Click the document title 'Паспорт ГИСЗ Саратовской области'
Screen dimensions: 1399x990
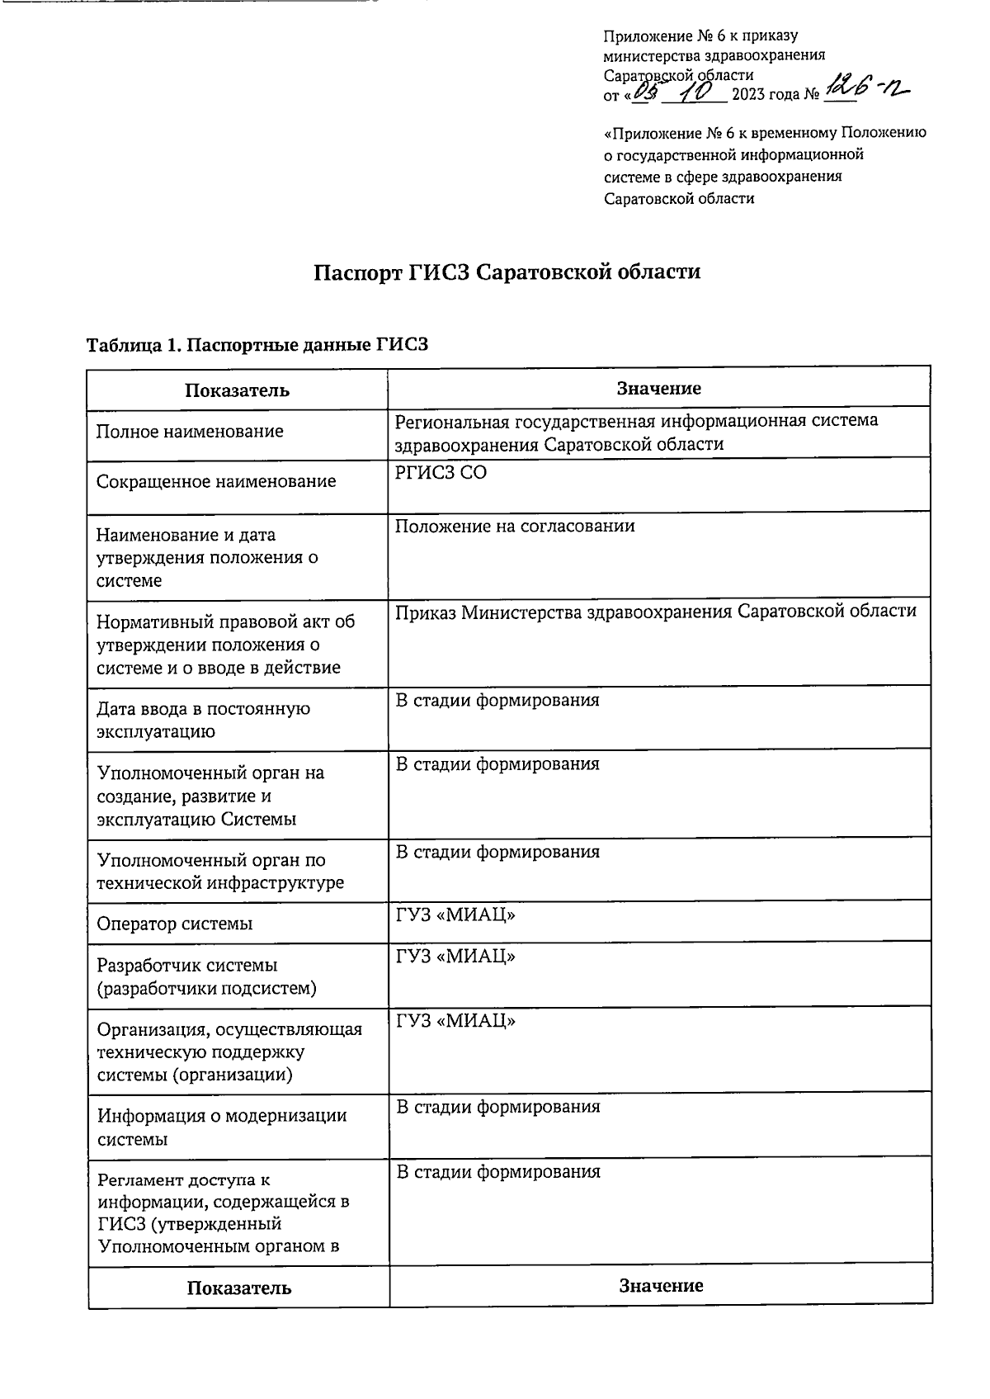click(507, 272)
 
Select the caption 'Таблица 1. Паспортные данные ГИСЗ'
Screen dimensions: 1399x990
click(257, 345)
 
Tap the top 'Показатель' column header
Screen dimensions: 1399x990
click(237, 390)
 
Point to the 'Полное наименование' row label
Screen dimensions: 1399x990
click(190, 432)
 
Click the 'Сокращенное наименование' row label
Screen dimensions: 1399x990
click(216, 481)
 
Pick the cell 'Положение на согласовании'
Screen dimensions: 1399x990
click(515, 527)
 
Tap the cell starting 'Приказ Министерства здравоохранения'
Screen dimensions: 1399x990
click(655, 612)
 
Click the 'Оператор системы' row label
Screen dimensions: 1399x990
click(175, 924)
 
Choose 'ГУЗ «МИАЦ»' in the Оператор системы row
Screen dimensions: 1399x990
click(455, 915)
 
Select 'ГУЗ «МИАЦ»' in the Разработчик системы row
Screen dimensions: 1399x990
click(455, 957)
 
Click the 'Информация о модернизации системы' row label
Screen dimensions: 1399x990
click(221, 1127)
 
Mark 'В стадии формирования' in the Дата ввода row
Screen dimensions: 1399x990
click(497, 701)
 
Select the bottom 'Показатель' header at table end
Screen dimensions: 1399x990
click(238, 1288)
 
